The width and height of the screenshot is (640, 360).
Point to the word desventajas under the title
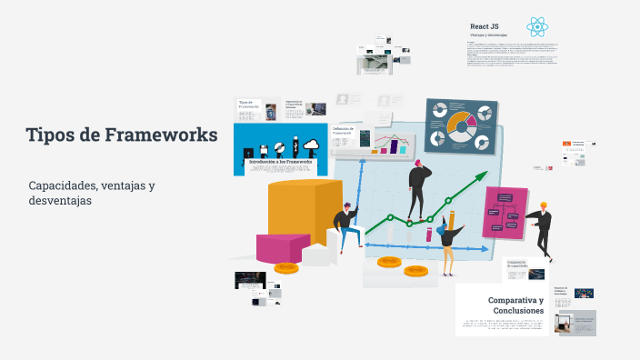tap(61, 201)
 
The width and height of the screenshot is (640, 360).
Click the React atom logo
tap(537, 27)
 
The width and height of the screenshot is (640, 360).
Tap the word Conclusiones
tap(517, 311)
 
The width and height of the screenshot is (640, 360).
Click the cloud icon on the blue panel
tap(311, 145)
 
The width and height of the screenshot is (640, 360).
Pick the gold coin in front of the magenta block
tap(286, 267)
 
